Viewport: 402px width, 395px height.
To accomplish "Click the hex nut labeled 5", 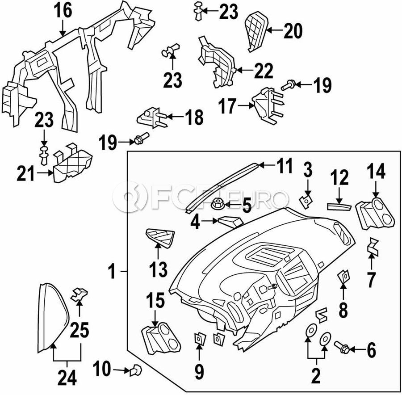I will point(218,206).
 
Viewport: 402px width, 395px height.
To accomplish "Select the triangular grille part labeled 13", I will point(159,238).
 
